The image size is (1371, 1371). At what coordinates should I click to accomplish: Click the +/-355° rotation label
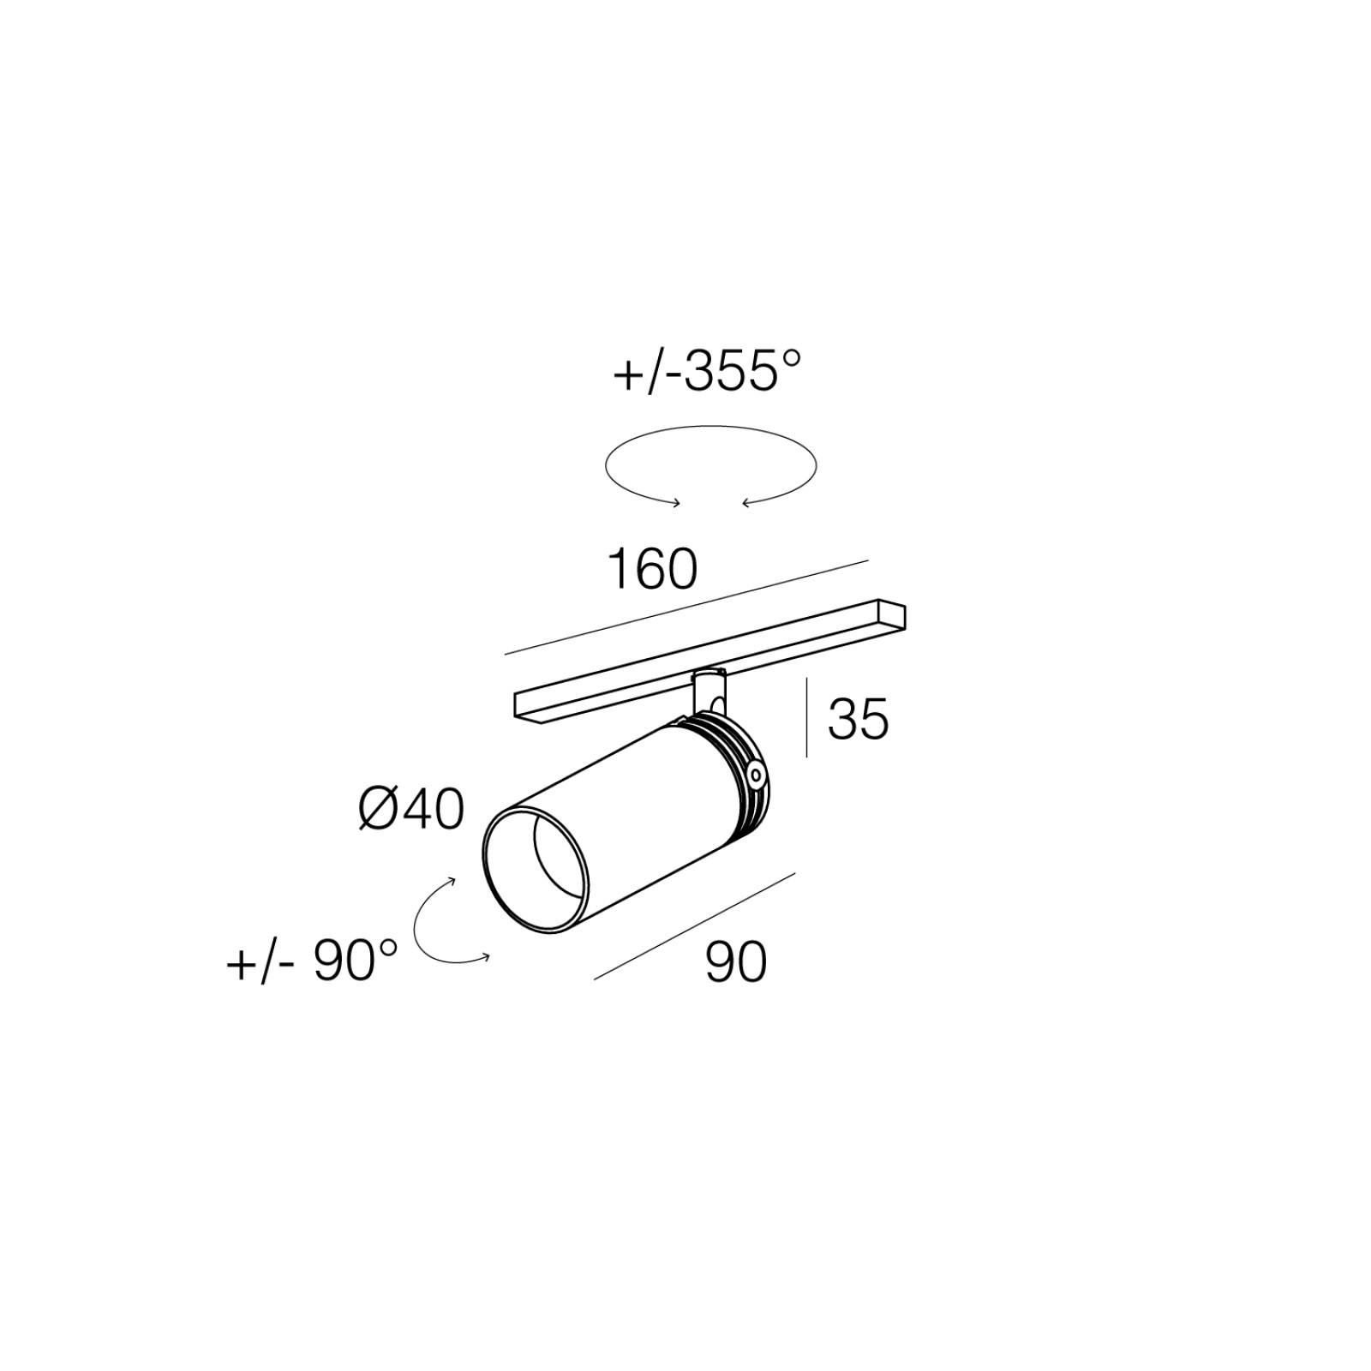707,372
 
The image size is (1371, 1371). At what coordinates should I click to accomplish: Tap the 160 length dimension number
652,569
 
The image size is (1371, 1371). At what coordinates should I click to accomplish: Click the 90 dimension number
736,961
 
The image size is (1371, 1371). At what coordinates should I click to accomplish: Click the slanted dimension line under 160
686,608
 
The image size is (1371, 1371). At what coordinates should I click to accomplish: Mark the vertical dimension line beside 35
807,717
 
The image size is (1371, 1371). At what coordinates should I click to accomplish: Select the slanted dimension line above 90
695,925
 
